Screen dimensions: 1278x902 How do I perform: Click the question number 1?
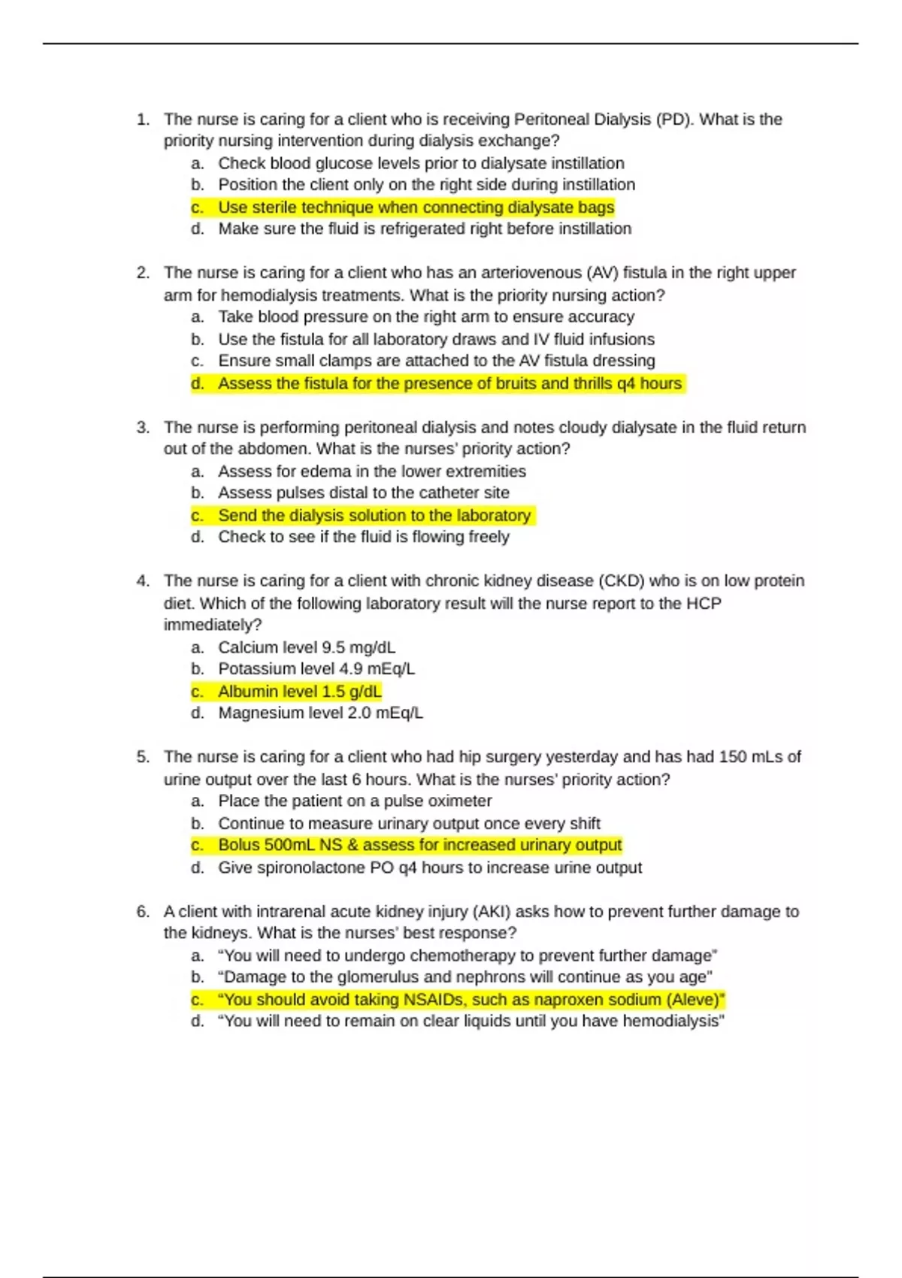coord(142,120)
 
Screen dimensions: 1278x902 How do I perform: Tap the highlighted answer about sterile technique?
coord(416,207)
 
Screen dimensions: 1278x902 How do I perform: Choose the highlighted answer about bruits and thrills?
coord(449,383)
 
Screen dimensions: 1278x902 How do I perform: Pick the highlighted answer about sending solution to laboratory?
coord(374,516)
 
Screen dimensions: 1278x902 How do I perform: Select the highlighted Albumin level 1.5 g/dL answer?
coord(300,692)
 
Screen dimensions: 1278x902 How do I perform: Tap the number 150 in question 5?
coord(732,757)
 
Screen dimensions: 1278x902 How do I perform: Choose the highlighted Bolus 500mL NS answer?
coord(419,845)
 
